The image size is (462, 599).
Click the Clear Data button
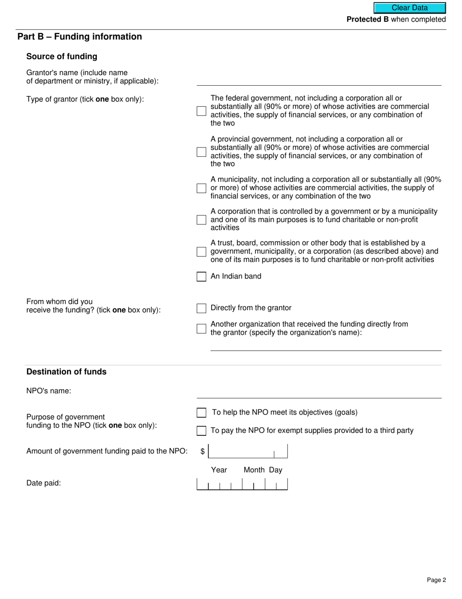point(409,8)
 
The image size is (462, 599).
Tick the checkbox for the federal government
point(201,111)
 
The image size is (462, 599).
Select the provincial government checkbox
point(201,152)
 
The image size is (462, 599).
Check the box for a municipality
point(201,188)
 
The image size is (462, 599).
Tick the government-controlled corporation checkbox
point(201,220)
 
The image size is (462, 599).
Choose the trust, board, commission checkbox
point(201,252)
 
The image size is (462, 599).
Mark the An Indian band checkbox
point(201,277)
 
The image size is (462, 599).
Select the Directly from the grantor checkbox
point(201,308)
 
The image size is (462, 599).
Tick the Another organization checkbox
point(201,328)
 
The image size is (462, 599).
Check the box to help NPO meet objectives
point(201,413)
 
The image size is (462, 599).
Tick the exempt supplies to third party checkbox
point(201,431)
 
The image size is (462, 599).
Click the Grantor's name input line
point(319,80)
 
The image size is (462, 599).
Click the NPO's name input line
point(319,393)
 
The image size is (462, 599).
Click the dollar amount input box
point(248,451)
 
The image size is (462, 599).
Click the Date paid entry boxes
point(242,484)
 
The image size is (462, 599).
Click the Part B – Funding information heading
point(80,37)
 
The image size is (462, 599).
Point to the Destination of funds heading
point(66,372)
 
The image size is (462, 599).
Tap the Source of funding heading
point(62,56)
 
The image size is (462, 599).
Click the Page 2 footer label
point(436,580)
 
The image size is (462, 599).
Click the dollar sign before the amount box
point(202,452)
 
